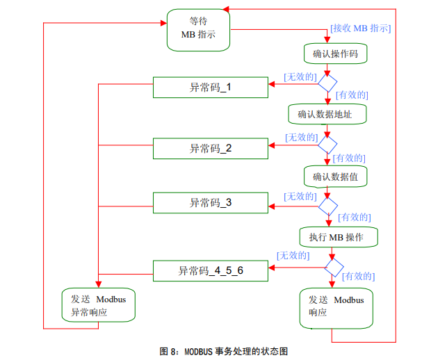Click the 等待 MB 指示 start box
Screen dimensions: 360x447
198,29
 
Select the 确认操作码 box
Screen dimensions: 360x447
335,54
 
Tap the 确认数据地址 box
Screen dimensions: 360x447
327,114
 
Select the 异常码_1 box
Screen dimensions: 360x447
210,88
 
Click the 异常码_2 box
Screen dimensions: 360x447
210,148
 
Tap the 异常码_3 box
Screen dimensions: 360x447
210,203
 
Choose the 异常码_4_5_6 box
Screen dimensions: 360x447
210,270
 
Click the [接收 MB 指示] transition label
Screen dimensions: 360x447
360,28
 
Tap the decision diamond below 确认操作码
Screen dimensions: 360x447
327,82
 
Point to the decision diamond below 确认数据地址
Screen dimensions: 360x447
327,144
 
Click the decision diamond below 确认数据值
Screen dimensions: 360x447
327,206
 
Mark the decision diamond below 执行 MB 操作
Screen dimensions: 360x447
334,267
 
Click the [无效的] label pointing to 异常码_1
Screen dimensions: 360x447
300,76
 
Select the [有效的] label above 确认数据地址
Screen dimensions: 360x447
352,95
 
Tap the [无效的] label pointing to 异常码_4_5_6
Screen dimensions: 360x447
293,255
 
